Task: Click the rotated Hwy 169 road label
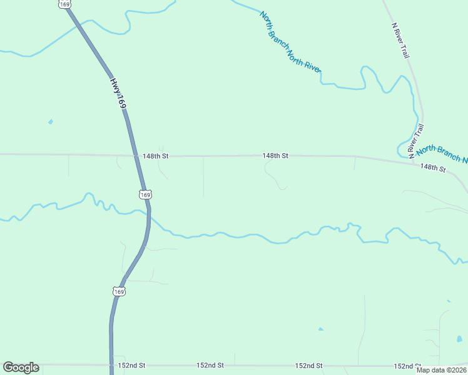(x=119, y=94)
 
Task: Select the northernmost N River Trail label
(x=400, y=41)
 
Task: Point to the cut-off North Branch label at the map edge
(x=442, y=154)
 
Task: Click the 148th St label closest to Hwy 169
(x=156, y=156)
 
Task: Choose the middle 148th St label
(x=275, y=156)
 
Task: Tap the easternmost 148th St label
(x=433, y=168)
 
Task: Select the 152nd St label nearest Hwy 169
(x=132, y=365)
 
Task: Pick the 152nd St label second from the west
(x=210, y=365)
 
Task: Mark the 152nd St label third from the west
(x=309, y=366)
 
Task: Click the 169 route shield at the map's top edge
(x=65, y=4)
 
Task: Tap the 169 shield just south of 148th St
(x=145, y=195)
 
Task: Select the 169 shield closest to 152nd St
(x=119, y=291)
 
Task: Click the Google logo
(x=21, y=367)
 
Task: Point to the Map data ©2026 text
(x=441, y=370)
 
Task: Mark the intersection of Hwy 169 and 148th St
(x=135, y=156)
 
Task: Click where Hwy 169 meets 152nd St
(x=111, y=365)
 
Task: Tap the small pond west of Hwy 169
(x=51, y=122)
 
